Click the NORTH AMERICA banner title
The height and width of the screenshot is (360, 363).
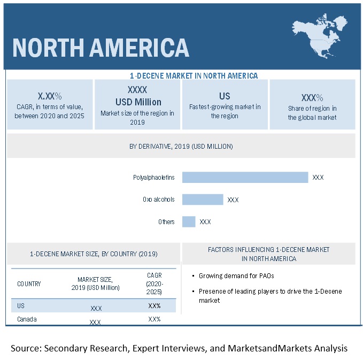pos(101,47)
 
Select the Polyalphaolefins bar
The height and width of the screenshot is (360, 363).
pos(245,177)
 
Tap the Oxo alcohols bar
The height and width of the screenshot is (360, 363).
pos(203,200)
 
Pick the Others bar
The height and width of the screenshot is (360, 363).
pos(189,221)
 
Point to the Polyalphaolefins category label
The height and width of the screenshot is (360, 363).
pos(154,178)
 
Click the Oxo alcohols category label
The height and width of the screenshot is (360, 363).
pos(158,200)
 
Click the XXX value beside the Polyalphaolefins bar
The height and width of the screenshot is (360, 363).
pos(318,178)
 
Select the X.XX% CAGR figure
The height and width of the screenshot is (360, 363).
pos(50,96)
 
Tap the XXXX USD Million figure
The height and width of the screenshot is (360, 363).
pos(137,96)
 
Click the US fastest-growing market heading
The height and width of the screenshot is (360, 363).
pos(225,96)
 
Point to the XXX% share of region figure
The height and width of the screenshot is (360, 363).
pos(312,97)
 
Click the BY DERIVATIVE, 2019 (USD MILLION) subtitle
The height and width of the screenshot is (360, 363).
pos(181,146)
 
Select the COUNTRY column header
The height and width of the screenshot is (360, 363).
pos(29,284)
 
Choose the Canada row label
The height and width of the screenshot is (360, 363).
pos(27,319)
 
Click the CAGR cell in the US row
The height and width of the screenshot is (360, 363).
pos(155,306)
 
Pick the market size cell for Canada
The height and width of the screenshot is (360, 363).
pos(96,322)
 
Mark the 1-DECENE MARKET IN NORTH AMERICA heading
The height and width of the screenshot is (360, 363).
pos(194,75)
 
